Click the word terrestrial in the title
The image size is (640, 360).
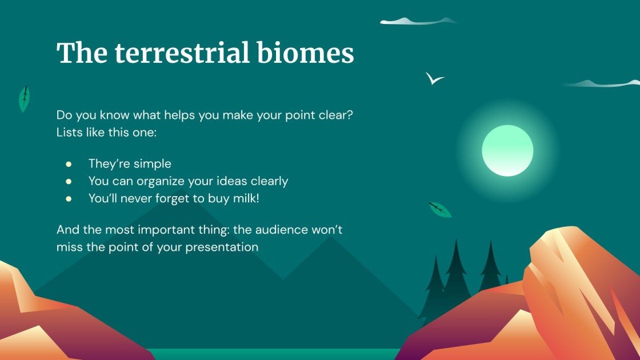tap(182, 54)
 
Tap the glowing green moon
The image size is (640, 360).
tap(507, 151)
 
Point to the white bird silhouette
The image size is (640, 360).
tap(434, 79)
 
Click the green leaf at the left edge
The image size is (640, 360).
tap(24, 99)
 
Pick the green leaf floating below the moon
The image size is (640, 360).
tap(440, 210)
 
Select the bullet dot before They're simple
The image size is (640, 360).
tap(69, 164)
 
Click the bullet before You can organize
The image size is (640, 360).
tap(69, 182)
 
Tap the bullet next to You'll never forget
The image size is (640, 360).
tap(69, 199)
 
